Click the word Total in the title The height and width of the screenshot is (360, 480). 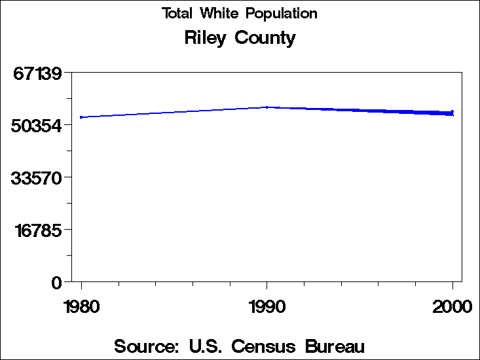tap(178, 13)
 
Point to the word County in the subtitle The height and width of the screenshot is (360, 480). tap(265, 38)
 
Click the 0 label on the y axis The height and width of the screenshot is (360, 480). tap(57, 282)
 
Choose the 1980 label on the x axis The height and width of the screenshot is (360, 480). tap(81, 306)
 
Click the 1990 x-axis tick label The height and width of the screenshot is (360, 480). tap(267, 306)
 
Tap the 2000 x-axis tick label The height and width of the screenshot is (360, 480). tap(452, 306)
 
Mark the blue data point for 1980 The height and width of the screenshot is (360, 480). tap(81, 117)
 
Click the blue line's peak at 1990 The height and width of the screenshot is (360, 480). tap(267, 107)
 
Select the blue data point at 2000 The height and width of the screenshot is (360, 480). tap(452, 113)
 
